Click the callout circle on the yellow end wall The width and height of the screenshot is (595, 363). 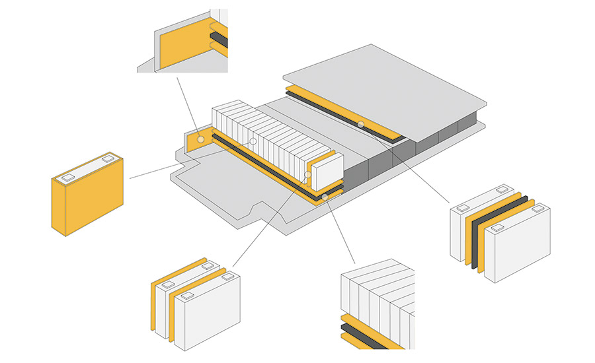click(x=200, y=140)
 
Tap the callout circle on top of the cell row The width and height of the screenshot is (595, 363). click(x=253, y=141)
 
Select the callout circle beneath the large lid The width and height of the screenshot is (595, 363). click(x=360, y=124)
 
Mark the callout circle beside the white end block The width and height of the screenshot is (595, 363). click(x=308, y=175)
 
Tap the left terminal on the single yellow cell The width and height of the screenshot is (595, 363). click(x=67, y=177)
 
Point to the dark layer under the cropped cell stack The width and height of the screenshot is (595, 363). click(x=370, y=332)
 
